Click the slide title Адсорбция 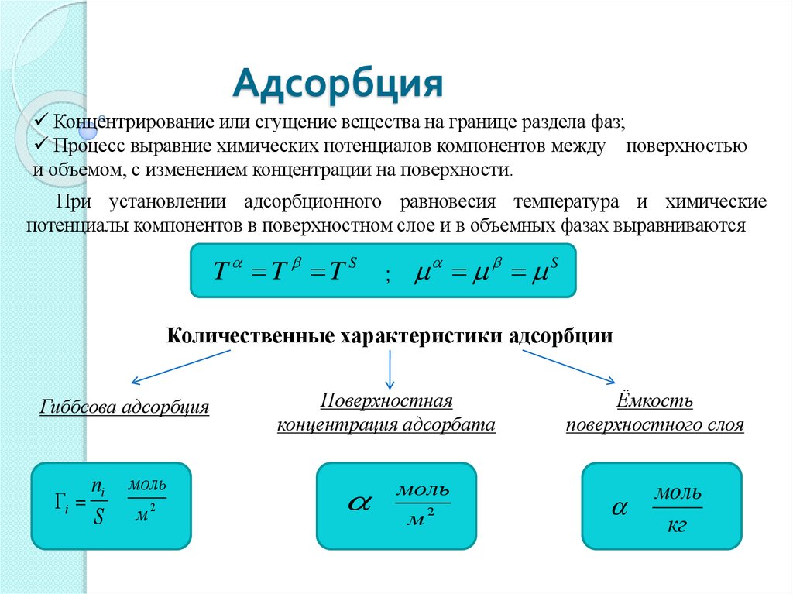coord(338,83)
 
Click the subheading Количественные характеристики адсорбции coord(390,337)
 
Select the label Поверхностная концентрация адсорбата coord(386,413)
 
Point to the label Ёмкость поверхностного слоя coord(655,413)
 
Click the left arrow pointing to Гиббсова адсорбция coord(180,366)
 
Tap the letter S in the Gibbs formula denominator coord(98,517)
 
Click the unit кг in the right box coord(676,525)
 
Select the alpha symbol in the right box coord(619,509)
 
